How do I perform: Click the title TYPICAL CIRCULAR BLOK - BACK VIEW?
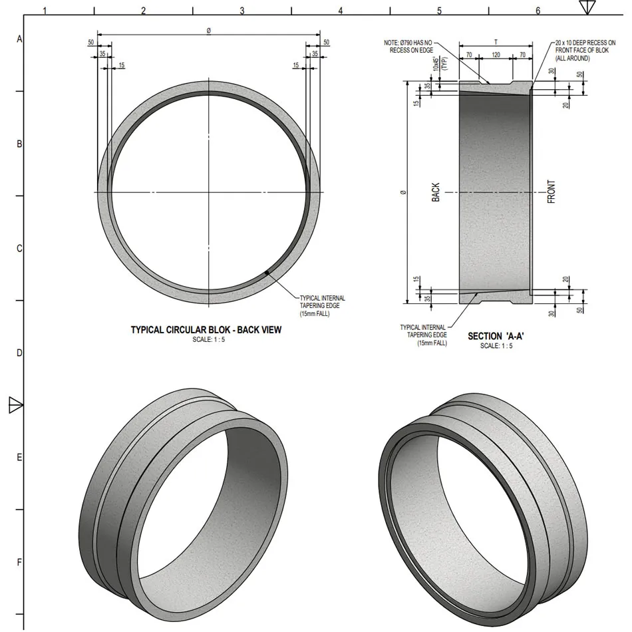pyautogui.click(x=206, y=329)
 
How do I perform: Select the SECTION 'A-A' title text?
pyautogui.click(x=496, y=336)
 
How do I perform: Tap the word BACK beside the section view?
pyautogui.click(x=436, y=192)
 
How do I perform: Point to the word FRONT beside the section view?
pyautogui.click(x=552, y=192)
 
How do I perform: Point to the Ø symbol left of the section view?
pyautogui.click(x=403, y=192)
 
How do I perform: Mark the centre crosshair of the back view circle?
pyautogui.click(x=209, y=192)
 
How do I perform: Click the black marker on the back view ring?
pyautogui.click(x=267, y=273)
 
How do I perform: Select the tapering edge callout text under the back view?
pyautogui.click(x=322, y=305)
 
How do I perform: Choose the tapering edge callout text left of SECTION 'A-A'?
pyautogui.click(x=422, y=335)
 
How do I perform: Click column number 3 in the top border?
pyautogui.click(x=241, y=11)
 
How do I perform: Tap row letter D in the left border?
pyautogui.click(x=19, y=353)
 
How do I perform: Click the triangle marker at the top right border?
pyautogui.click(x=586, y=7)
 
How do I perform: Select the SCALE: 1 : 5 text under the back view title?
pyautogui.click(x=206, y=339)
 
